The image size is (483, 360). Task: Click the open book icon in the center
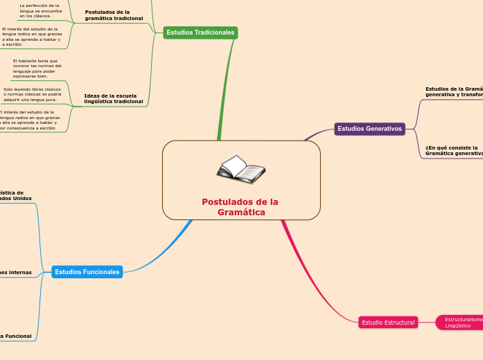click(x=240, y=170)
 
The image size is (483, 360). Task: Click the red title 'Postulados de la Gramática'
click(x=240, y=206)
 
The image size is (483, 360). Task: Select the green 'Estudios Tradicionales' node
click(x=200, y=33)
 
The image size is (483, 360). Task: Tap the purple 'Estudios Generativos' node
click(x=369, y=129)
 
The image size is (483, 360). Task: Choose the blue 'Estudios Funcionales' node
click(x=87, y=272)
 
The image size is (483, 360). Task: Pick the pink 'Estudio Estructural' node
click(x=388, y=322)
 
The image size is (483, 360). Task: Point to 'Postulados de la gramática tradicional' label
click(x=114, y=15)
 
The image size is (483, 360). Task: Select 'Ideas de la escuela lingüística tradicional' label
click(x=113, y=98)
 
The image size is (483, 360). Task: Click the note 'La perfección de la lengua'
click(x=40, y=10)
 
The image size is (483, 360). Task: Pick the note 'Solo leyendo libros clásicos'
click(x=32, y=94)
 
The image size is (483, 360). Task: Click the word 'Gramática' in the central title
click(x=241, y=213)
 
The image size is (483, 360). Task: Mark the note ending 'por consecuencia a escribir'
click(x=29, y=120)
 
